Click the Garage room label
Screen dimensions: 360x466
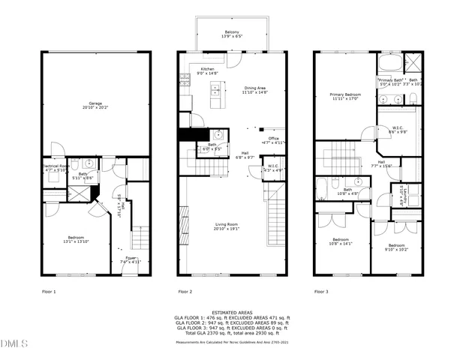(95, 104)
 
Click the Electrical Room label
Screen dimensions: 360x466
(56, 167)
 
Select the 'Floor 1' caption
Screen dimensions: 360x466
(49, 291)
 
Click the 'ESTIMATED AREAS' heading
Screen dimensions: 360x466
(233, 312)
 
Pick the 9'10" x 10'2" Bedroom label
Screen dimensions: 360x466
(397, 247)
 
